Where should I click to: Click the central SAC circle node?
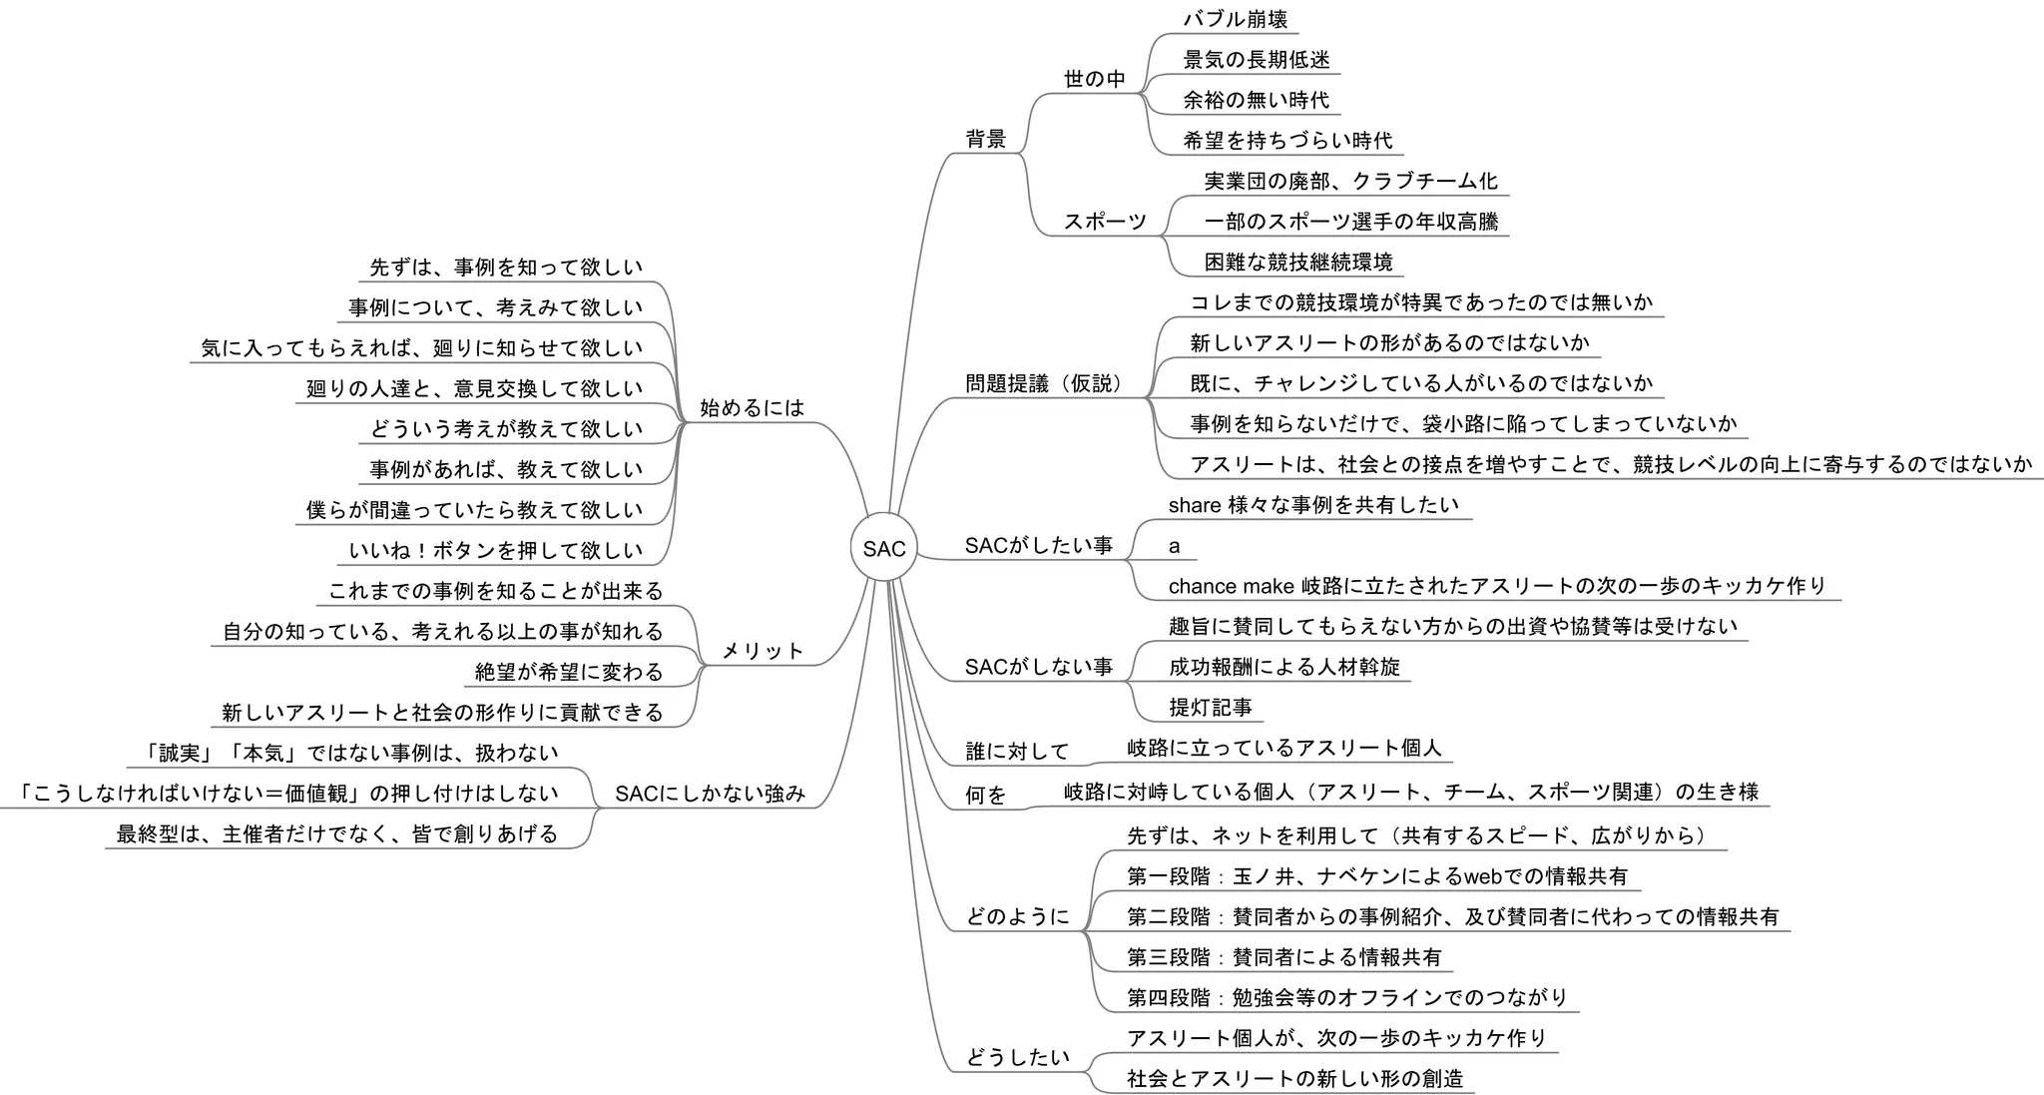tap(883, 548)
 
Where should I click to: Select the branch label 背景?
tap(986, 139)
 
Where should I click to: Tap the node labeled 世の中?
tap(1094, 79)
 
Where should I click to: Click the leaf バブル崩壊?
tap(1235, 19)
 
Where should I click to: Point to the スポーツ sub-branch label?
tap(1105, 222)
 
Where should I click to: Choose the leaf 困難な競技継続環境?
tap(1297, 262)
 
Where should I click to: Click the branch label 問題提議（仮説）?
tap(1044, 383)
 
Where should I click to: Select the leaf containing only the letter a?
tap(1175, 546)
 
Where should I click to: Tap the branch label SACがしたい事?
tap(1038, 545)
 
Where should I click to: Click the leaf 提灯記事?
tap(1210, 707)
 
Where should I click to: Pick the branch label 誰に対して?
tap(1017, 751)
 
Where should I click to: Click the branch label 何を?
tap(986, 795)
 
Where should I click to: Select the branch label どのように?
tap(1017, 916)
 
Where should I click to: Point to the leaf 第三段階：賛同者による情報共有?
tap(1283, 957)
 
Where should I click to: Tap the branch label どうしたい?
tap(1017, 1057)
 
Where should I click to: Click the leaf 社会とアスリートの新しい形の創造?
tap(1294, 1078)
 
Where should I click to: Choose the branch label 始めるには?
tap(752, 407)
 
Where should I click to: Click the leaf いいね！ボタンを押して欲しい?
tap(496, 550)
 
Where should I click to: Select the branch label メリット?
tap(763, 651)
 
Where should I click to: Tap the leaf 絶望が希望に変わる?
tap(569, 672)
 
